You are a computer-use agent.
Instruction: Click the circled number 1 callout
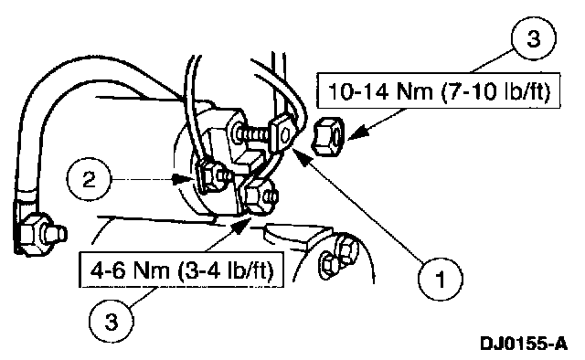pyautogui.click(x=441, y=279)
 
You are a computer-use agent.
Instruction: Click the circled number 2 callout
pyautogui.click(x=90, y=180)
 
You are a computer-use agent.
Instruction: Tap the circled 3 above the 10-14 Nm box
pyautogui.click(x=534, y=38)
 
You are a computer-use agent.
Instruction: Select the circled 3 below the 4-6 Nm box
pyautogui.click(x=112, y=322)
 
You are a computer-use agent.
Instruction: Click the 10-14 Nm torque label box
pyautogui.click(x=439, y=90)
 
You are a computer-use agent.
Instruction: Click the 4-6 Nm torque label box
pyautogui.click(x=181, y=270)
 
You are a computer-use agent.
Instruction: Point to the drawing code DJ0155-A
pyautogui.click(x=524, y=344)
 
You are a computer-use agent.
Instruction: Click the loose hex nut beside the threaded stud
pyautogui.click(x=327, y=135)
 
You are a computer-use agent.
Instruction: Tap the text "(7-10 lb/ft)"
pyautogui.click(x=495, y=91)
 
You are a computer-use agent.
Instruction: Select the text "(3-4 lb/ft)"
pyautogui.click(x=226, y=270)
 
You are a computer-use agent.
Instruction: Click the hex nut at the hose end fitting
pyautogui.click(x=33, y=234)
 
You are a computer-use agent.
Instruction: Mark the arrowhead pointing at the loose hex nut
pyautogui.click(x=356, y=134)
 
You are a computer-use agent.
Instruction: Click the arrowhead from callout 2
pyautogui.click(x=183, y=180)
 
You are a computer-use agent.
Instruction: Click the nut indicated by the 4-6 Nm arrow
pyautogui.click(x=258, y=196)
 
